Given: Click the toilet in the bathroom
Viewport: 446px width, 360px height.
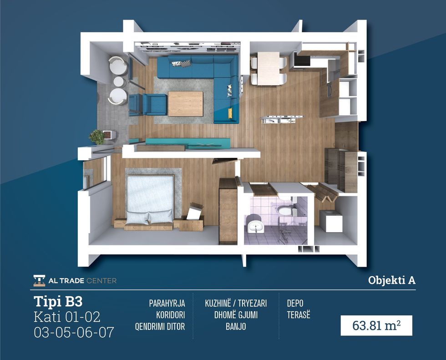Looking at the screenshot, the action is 284,210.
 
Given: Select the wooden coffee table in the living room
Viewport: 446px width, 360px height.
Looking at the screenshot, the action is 186,103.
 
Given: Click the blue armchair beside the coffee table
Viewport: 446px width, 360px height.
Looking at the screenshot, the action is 154,104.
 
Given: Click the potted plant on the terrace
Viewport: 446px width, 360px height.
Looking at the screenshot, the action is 97,137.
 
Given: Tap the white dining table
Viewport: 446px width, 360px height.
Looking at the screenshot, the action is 269,69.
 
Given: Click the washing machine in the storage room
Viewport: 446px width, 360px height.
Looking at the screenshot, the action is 331,221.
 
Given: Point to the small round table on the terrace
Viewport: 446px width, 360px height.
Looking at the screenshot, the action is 120,82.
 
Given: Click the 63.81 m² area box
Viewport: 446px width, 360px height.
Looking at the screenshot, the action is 376,325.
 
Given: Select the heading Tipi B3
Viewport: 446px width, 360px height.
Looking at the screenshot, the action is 58,301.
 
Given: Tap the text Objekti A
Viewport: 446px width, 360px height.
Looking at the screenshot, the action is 392,280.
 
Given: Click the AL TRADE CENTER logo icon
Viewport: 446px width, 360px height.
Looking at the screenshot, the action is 39,280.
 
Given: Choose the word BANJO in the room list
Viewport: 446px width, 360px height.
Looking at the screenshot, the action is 236,326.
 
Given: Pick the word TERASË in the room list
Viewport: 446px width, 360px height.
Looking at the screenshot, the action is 299,315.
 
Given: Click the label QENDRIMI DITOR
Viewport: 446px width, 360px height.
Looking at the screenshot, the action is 160,326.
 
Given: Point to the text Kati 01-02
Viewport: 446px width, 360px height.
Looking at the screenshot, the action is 67,317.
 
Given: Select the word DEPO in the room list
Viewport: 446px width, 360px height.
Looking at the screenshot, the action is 295,304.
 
